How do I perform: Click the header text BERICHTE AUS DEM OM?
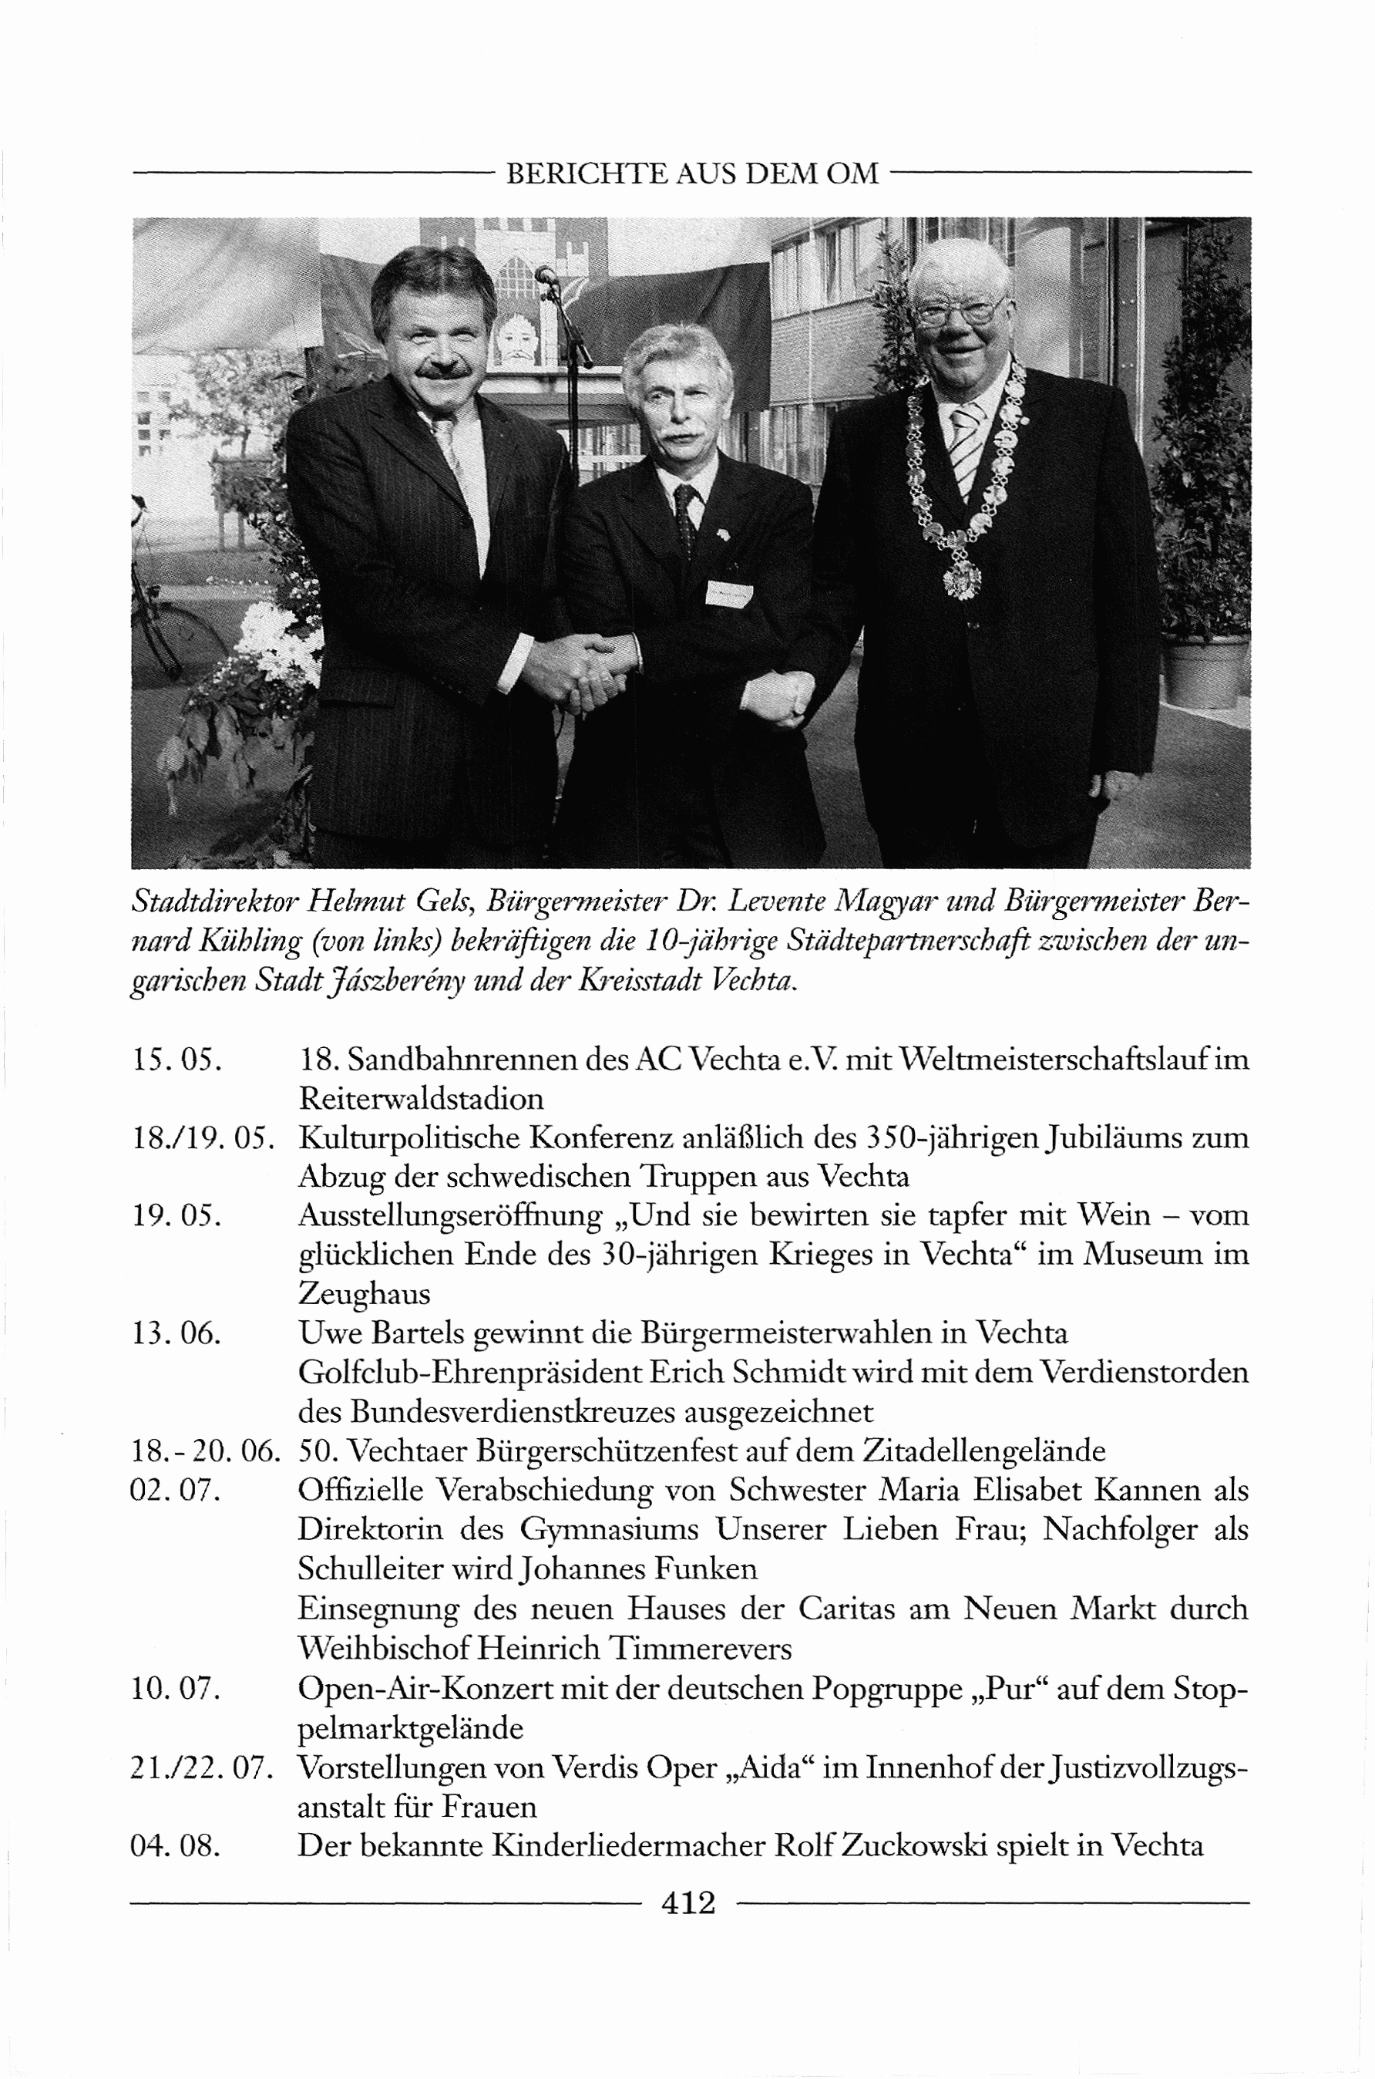click(692, 174)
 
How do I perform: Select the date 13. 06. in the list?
click(176, 1333)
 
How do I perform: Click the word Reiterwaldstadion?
click(421, 1098)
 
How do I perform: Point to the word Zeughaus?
click(364, 1293)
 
